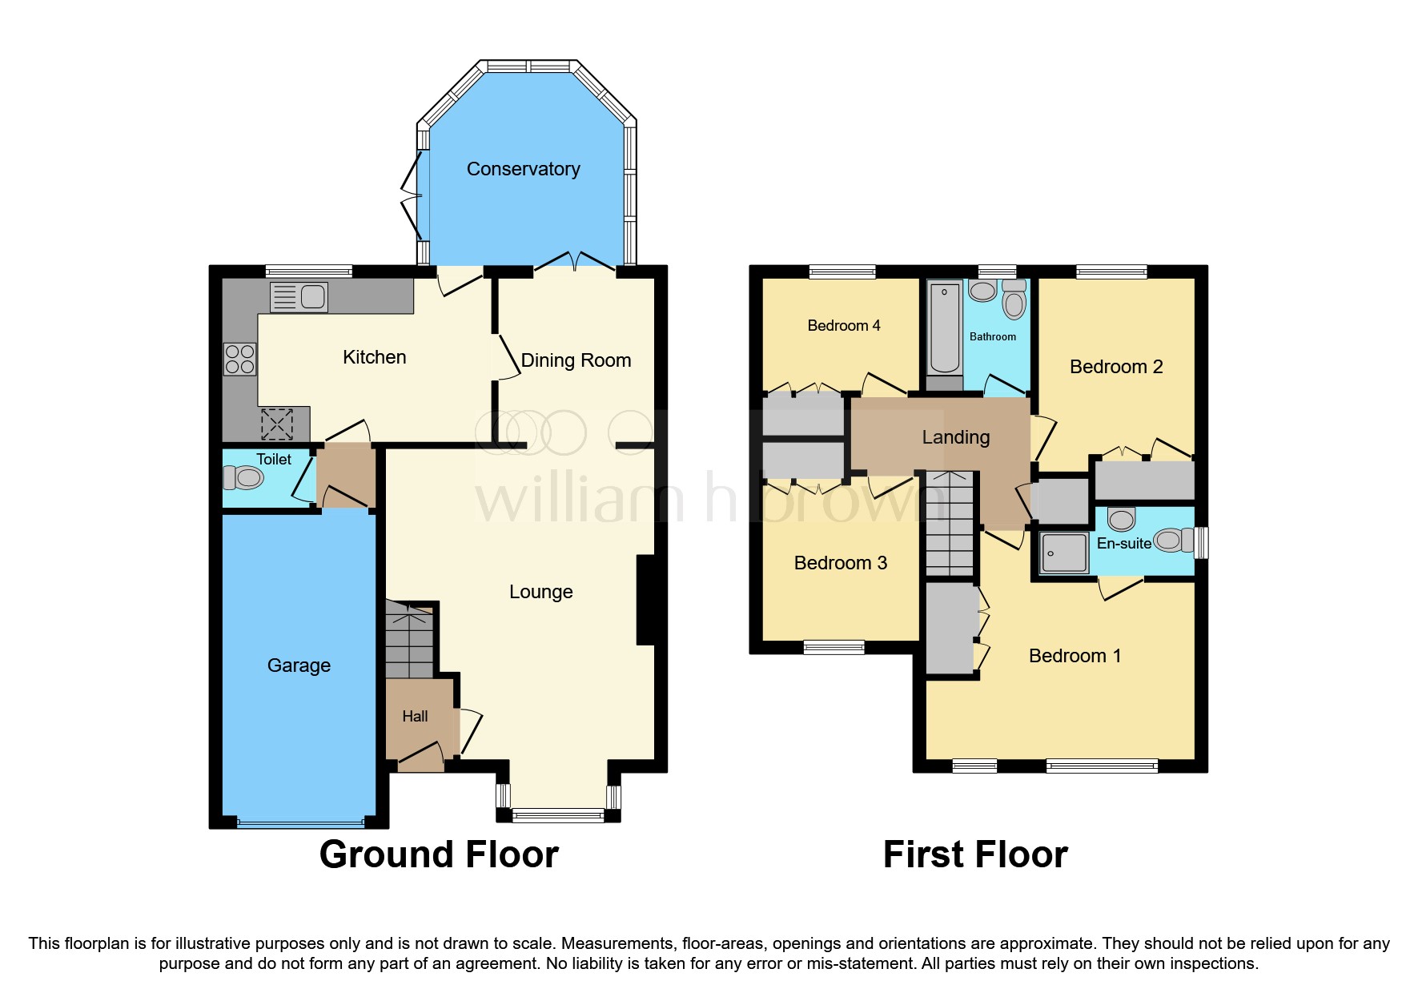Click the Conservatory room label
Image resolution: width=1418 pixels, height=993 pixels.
point(523,169)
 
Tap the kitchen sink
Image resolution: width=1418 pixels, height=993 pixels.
point(299,297)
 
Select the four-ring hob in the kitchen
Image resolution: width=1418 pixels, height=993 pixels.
point(239,359)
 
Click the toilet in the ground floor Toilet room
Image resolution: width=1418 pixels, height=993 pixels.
point(244,478)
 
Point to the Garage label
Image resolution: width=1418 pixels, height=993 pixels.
point(299,665)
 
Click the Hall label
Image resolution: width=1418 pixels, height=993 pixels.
point(415,717)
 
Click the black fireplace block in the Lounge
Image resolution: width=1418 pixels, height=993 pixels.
point(646,600)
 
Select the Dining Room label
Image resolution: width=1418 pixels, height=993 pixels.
point(576,360)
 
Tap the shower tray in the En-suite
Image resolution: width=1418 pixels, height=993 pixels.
point(1064,553)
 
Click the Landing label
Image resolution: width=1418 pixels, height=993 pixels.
point(955,437)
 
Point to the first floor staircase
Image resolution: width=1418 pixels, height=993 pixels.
point(950,524)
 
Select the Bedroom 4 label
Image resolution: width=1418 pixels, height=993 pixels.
point(843,326)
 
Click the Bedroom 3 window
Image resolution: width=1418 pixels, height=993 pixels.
point(834,647)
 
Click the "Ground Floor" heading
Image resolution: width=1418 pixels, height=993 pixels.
point(439,854)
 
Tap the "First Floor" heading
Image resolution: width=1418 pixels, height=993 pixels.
point(974,854)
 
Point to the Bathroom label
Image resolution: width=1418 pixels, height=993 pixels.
point(992,337)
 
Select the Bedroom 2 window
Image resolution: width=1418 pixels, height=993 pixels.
point(1111,272)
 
